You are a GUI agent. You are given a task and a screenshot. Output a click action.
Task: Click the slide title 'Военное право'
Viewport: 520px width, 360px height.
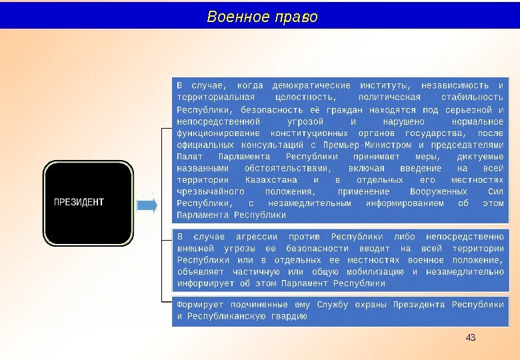tap(262, 16)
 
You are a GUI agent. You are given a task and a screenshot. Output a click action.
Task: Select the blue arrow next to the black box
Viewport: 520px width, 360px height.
tap(147, 205)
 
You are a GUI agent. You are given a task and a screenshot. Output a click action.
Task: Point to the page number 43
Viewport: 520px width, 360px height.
tap(471, 337)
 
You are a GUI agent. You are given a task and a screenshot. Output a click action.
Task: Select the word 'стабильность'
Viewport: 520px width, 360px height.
tap(471, 97)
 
